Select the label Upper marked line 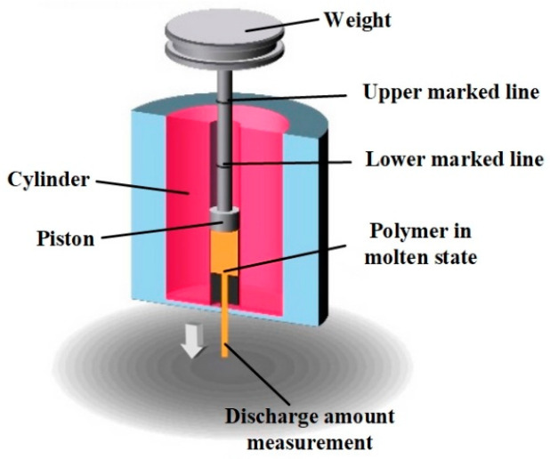pyautogui.click(x=451, y=92)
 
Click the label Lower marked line pyautogui.click(x=454, y=160)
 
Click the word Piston pyautogui.click(x=64, y=237)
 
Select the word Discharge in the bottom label pyautogui.click(x=268, y=415)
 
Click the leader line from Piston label pyautogui.click(x=156, y=230)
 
